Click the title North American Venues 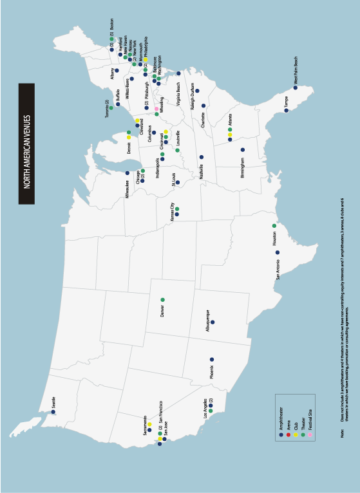(26, 144)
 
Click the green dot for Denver (162, 300)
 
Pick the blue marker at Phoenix (211, 360)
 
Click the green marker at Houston (274, 226)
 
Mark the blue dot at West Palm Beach (296, 88)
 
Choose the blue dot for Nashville (202, 156)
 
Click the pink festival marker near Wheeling (156, 108)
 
